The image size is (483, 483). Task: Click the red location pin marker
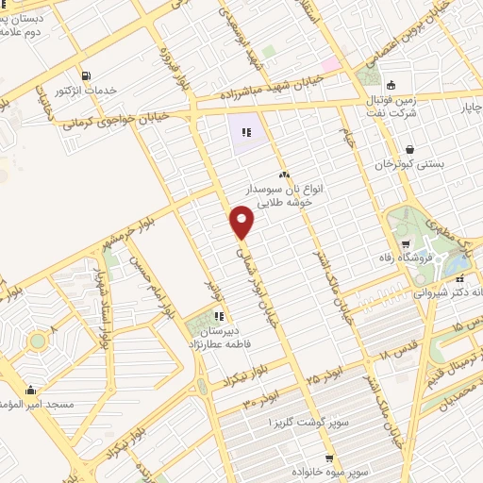242,222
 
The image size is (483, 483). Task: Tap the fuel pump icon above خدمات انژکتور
87,75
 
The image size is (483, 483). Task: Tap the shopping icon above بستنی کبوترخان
409,149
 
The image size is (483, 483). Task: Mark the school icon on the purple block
245,133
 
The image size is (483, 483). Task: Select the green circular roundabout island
37,340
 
